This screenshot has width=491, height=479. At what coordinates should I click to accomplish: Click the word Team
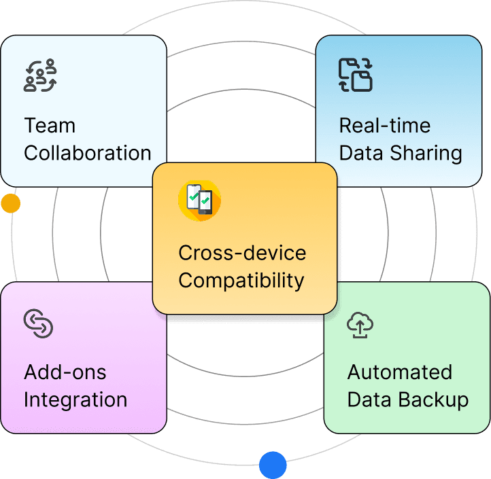point(50,126)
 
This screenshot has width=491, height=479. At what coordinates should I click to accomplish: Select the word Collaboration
point(87,153)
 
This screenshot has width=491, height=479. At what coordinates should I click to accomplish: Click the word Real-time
point(384,126)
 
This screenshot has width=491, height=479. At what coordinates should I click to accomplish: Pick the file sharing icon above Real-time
point(355,75)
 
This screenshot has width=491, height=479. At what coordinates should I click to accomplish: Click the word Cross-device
point(242,253)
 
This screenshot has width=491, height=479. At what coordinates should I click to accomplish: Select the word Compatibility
point(241,280)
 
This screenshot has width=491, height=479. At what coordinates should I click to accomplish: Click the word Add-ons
point(65,372)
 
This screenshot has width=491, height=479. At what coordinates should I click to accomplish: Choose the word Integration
point(75,400)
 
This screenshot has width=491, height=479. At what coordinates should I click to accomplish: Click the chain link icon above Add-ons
point(38,323)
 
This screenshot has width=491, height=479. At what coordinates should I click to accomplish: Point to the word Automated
point(399,372)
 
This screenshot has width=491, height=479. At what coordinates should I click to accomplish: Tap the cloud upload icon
point(360,325)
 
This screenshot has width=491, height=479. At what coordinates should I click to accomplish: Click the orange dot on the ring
point(10,203)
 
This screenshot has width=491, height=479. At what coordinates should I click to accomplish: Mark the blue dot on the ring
point(273,465)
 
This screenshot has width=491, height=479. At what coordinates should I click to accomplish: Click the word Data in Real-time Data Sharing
point(361,153)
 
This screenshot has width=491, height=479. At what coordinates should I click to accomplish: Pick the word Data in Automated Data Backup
point(370,400)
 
